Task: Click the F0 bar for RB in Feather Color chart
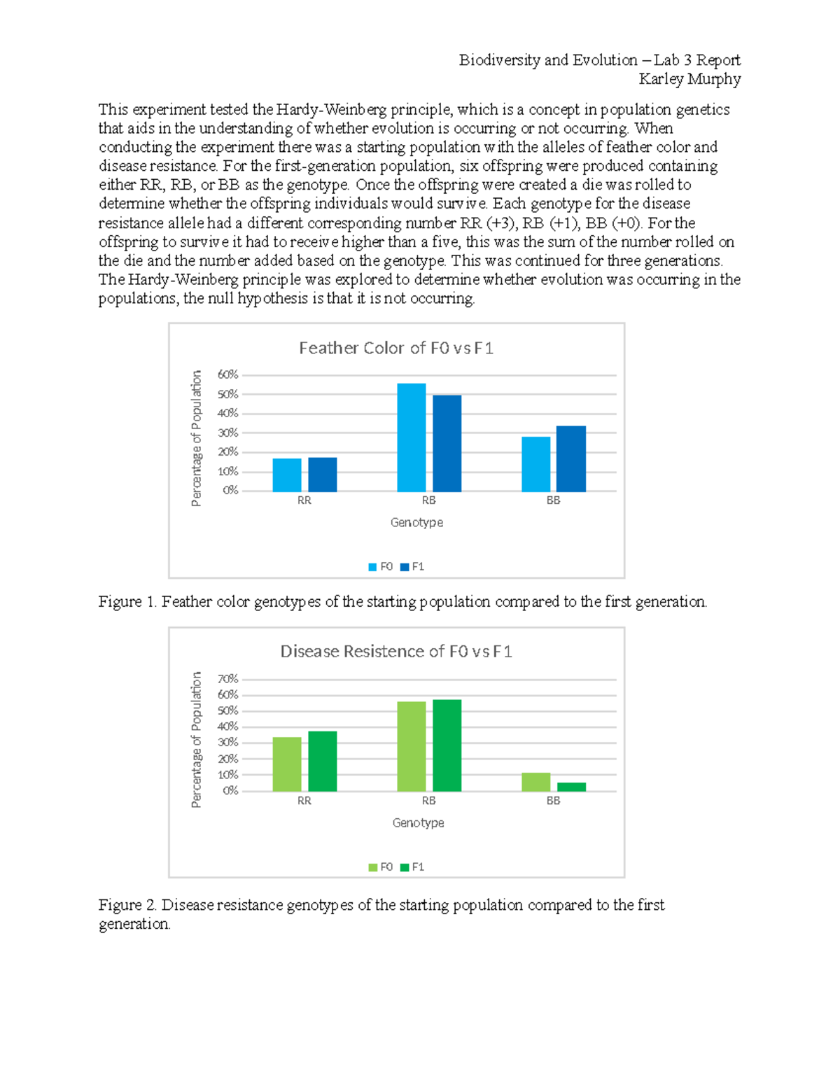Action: [x=411, y=437]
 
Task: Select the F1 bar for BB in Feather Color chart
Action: [x=571, y=458]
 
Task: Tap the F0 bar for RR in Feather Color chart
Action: [x=286, y=475]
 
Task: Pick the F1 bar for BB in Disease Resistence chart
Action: [x=571, y=787]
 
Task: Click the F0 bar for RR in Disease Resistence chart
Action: [x=286, y=764]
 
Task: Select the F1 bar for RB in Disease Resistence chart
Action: [x=447, y=745]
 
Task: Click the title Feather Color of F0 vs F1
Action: [x=396, y=348]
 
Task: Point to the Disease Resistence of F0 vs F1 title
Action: [x=396, y=652]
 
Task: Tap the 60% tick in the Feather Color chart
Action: [x=227, y=374]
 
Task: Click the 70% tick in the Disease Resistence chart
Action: [x=227, y=679]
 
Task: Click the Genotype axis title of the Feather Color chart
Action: [x=416, y=522]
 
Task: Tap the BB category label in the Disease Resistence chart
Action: [x=553, y=801]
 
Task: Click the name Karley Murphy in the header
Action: [x=689, y=79]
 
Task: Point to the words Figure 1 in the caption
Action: [x=127, y=602]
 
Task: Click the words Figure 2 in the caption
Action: [x=127, y=905]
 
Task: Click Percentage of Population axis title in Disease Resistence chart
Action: [x=197, y=739]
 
